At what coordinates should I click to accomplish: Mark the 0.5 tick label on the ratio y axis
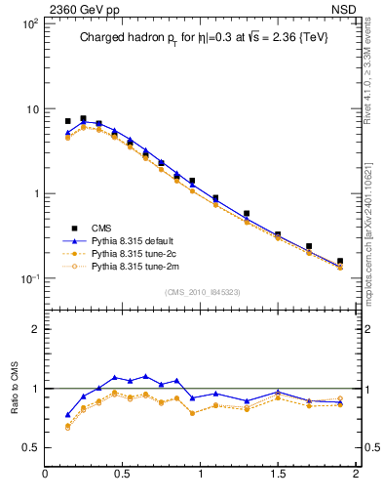tap(29, 447)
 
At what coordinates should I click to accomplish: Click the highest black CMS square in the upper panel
tap(83, 118)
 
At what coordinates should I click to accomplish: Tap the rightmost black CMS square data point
tap(339, 261)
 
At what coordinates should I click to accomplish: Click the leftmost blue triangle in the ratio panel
tap(67, 415)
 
